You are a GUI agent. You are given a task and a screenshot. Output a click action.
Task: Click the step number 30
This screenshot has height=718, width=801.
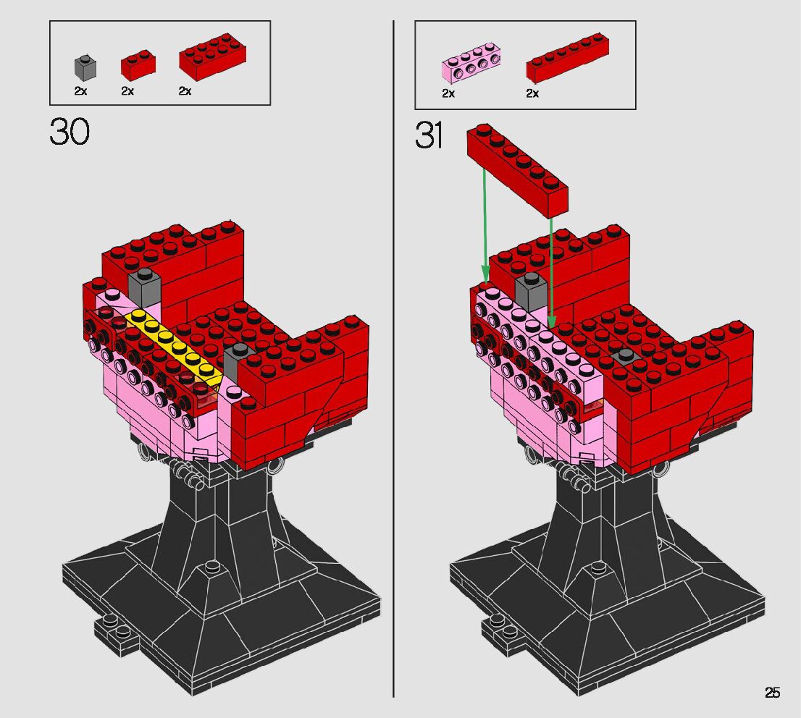pos(70,131)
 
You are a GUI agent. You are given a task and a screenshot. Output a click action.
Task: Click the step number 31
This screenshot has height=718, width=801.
pos(429,135)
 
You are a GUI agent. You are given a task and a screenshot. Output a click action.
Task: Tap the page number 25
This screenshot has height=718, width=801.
pos(772,693)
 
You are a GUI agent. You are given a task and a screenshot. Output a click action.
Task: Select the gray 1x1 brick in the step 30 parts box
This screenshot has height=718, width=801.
pos(85,67)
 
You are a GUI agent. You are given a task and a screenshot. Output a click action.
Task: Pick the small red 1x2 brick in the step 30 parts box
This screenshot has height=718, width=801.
pos(138,65)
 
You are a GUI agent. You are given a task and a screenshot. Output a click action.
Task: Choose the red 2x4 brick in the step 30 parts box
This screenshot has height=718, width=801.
pos(212,56)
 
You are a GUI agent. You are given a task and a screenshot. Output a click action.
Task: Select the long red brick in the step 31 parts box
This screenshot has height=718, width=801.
pos(567,58)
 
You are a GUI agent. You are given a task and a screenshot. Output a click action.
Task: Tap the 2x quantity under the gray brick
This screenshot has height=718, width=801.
pos(80,91)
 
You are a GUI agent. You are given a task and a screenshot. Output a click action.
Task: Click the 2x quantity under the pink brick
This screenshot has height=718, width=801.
pos(448,93)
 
